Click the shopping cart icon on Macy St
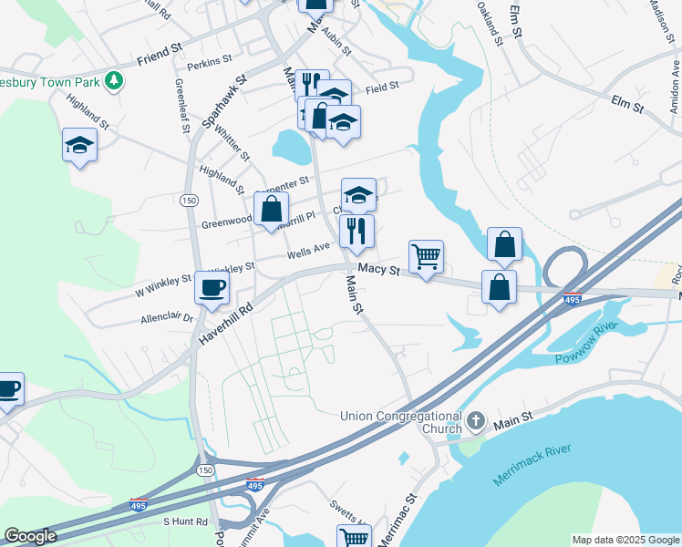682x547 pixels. point(426,256)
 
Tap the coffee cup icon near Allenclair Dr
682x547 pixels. point(212,288)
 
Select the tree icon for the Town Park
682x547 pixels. point(114,80)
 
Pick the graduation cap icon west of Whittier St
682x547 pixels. point(79,145)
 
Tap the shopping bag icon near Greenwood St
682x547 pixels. point(272,209)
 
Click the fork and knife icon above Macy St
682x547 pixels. point(356,231)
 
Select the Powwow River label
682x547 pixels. point(587,343)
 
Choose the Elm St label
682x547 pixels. point(627,103)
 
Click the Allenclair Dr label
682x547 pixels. point(167,319)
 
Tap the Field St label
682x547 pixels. point(383,88)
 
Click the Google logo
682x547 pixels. point(30,537)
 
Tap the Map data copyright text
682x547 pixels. point(625,540)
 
